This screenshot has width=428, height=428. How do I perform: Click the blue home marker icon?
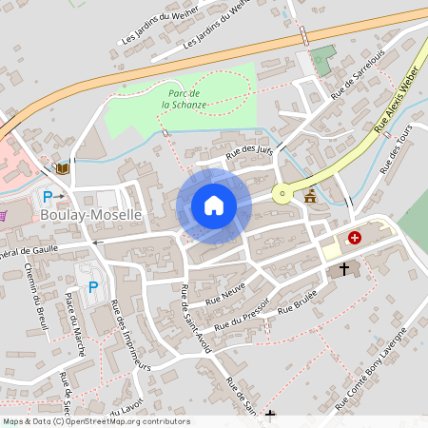(x=213, y=205)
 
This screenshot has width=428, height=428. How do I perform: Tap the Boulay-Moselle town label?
(x=91, y=216)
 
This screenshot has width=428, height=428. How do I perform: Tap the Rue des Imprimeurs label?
(x=131, y=335)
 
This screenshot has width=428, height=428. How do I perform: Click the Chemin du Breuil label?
(x=37, y=301)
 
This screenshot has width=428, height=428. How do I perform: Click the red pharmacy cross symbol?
(x=355, y=238)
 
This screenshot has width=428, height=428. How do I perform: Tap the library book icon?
(x=63, y=168)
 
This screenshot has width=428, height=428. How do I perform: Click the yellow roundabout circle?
(x=282, y=194)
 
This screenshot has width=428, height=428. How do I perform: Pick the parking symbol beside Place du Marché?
(x=92, y=286)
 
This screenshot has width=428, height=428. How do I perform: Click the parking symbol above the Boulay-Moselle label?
(x=48, y=197)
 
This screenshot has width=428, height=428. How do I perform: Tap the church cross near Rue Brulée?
(x=344, y=269)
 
